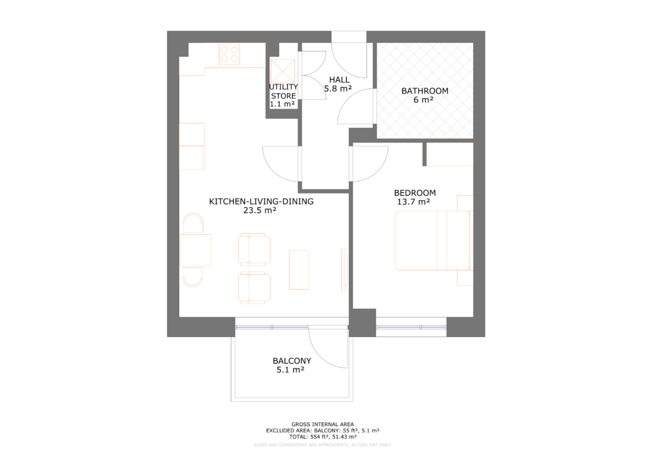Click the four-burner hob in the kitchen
(x=230, y=55)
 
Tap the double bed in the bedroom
(x=432, y=240)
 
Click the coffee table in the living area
(x=299, y=270)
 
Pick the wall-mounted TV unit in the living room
(x=344, y=270)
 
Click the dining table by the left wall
(x=196, y=250)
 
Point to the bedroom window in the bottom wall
(x=411, y=327)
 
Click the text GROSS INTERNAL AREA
(x=322, y=424)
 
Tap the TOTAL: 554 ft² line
(x=322, y=436)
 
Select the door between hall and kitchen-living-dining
(x=281, y=162)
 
